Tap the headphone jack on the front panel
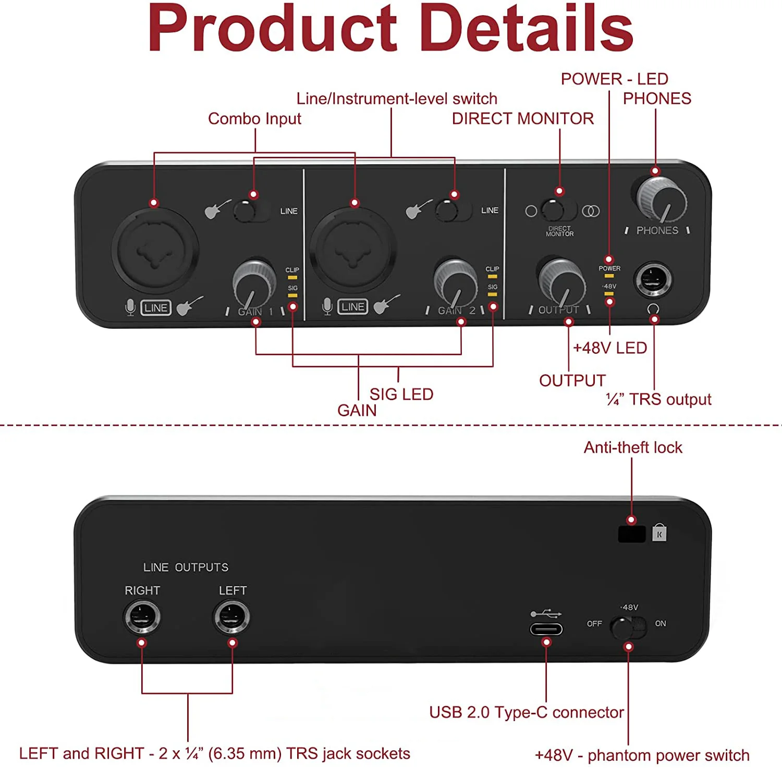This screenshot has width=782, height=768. pyautogui.click(x=653, y=280)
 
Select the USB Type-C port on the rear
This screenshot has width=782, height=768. pyautogui.click(x=546, y=629)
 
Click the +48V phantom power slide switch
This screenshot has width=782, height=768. pyautogui.click(x=628, y=627)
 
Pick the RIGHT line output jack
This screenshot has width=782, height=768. pyautogui.click(x=142, y=617)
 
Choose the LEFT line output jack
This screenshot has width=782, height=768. pyautogui.click(x=232, y=617)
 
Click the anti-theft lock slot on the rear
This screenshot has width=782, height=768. pyautogui.click(x=631, y=534)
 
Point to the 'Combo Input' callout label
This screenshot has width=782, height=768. pyautogui.click(x=254, y=119)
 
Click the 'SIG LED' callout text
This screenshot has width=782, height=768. pyautogui.click(x=401, y=394)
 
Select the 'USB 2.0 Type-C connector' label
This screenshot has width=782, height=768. pyautogui.click(x=526, y=712)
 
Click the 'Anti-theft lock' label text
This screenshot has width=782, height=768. pyautogui.click(x=632, y=448)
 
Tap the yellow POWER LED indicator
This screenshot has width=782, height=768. pyautogui.click(x=609, y=276)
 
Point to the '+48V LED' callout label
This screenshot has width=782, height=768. pyautogui.click(x=609, y=348)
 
